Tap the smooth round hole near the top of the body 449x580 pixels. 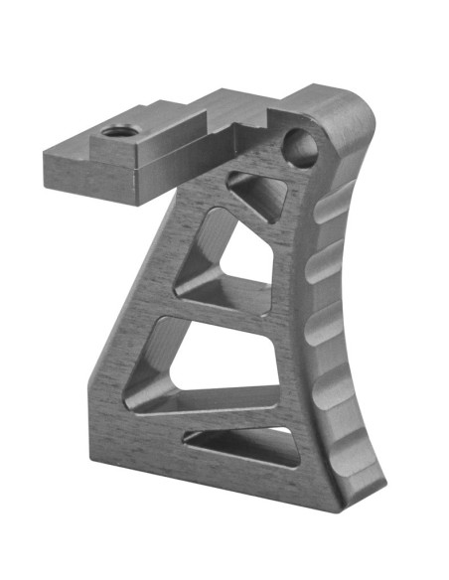(x=302, y=149)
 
